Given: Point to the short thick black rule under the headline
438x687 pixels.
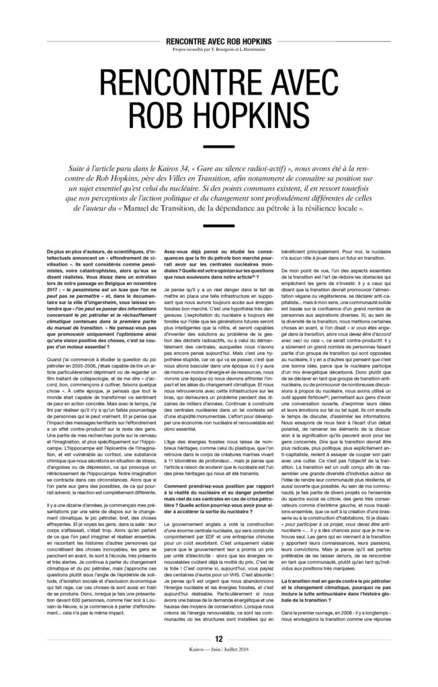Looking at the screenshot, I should pos(218,150).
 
